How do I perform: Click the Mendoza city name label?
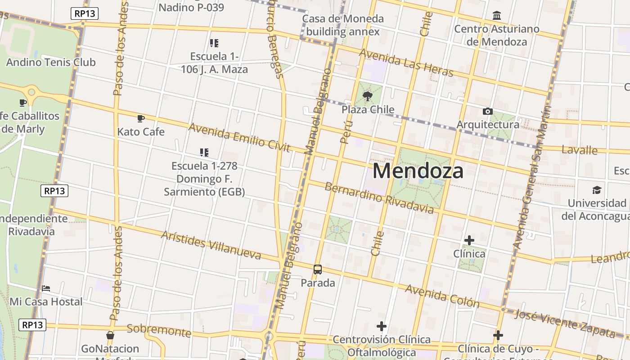pyautogui.click(x=418, y=171)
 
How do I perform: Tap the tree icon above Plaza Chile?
pyautogui.click(x=368, y=95)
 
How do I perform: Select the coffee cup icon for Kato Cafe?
pyautogui.click(x=140, y=118)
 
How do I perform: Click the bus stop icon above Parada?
pyautogui.click(x=318, y=270)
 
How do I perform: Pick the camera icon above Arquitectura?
pyautogui.click(x=487, y=111)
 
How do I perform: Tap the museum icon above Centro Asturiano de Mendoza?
pyautogui.click(x=497, y=16)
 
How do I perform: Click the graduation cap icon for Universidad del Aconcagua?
pyautogui.click(x=597, y=190)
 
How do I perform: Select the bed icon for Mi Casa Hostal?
pyautogui.click(x=45, y=288)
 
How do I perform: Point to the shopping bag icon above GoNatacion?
pyautogui.click(x=110, y=335)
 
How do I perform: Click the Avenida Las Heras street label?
pyautogui.click(x=406, y=63)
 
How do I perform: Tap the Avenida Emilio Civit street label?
pyautogui.click(x=239, y=137)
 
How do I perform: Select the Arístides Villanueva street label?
pyautogui.click(x=211, y=245)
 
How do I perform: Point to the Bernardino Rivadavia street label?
pyautogui.click(x=379, y=198)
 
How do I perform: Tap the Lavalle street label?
pyautogui.click(x=580, y=150)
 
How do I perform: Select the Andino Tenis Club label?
pyautogui.click(x=51, y=62)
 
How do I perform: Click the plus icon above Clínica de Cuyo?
pyautogui.click(x=498, y=335)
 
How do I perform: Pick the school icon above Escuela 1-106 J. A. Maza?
pyautogui.click(x=214, y=43)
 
